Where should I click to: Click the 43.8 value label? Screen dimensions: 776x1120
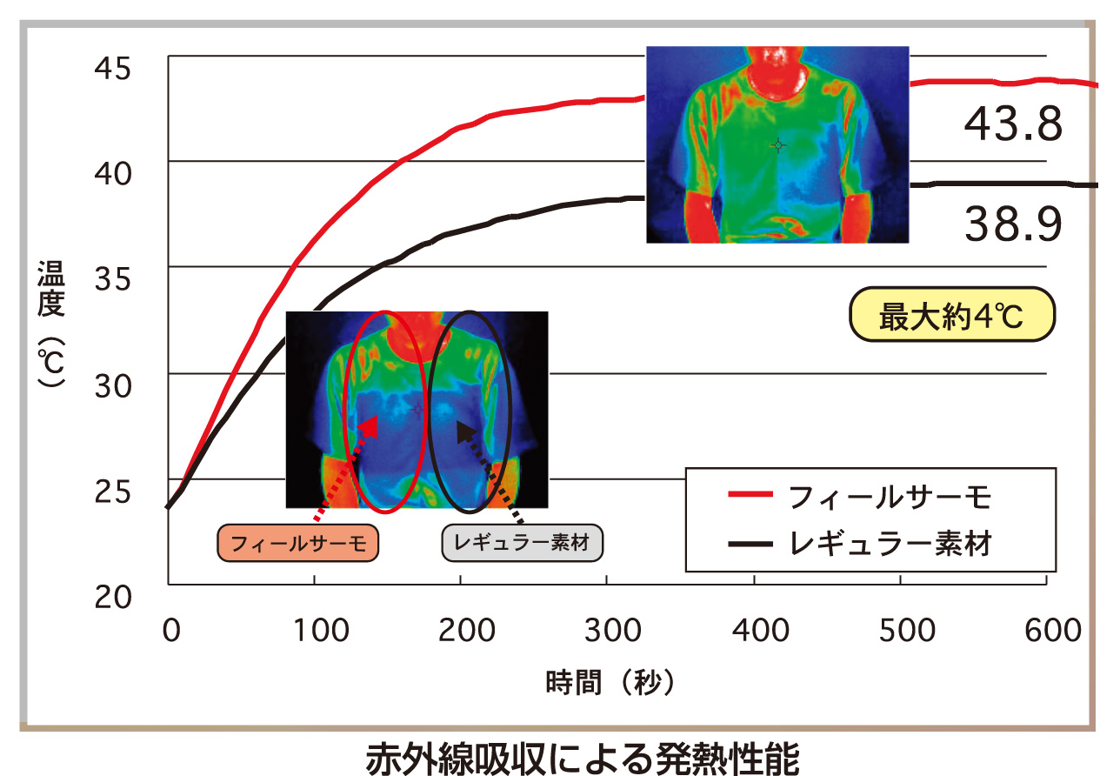(1013, 125)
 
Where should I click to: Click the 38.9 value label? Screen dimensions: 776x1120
(1013, 225)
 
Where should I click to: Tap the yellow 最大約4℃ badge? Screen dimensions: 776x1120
(951, 318)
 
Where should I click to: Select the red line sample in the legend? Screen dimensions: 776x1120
(750, 495)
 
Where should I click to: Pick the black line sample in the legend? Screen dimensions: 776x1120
(750, 545)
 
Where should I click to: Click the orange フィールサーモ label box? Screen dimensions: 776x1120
(297, 544)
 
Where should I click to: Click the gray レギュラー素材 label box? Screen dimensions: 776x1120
(522, 544)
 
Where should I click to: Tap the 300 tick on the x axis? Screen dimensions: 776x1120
(607, 631)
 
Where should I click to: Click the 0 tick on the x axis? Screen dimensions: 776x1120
(170, 631)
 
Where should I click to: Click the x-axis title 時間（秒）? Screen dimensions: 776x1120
(610, 682)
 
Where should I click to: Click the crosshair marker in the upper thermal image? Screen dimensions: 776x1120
(778, 145)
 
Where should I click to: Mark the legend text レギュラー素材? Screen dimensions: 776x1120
(890, 545)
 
